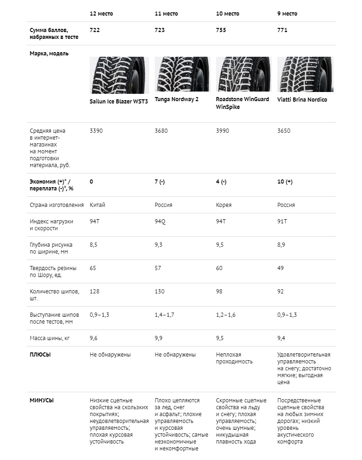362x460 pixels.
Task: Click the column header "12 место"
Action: (x=101, y=14)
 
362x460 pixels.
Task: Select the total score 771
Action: (x=282, y=30)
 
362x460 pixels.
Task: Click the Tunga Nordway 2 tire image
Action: (x=182, y=75)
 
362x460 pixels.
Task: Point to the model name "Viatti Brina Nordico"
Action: (x=302, y=100)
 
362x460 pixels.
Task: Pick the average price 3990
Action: (x=222, y=131)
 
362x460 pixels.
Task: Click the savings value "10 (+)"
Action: (x=285, y=182)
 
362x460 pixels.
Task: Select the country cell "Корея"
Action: (x=224, y=205)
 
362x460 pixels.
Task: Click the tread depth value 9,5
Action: (x=220, y=245)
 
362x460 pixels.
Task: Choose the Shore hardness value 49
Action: (x=281, y=268)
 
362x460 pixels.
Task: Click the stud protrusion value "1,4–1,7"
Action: (x=165, y=315)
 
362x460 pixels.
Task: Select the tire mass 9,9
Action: (x=158, y=338)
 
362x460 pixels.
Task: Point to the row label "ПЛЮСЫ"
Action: (x=40, y=355)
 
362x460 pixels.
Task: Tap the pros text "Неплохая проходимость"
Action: (x=234, y=358)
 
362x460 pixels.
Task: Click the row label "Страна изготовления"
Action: (x=57, y=205)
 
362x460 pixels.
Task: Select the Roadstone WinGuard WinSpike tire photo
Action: (x=243, y=75)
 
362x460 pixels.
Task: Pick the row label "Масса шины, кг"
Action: (x=51, y=338)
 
